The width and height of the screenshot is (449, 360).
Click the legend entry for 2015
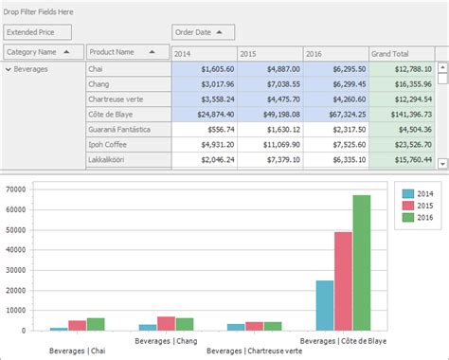[x=420, y=206]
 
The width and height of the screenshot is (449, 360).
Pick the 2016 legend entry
[x=420, y=219]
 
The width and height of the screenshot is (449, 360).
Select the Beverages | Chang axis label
[x=166, y=339]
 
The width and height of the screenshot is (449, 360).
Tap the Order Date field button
[x=204, y=32]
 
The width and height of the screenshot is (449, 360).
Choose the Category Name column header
[x=42, y=52]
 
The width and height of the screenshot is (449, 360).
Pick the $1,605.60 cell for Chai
[x=204, y=69]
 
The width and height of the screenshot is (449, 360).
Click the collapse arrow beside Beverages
[x=9, y=69]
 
